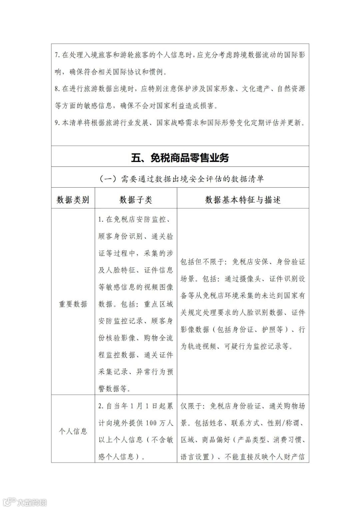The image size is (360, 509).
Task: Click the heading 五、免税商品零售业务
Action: point(180,158)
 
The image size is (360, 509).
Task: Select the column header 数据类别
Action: point(73,200)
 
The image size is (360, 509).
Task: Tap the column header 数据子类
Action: point(136,200)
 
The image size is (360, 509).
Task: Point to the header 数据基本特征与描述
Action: point(243,200)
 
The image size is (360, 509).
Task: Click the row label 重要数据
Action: point(73,304)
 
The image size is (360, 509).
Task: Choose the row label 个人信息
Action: point(73,431)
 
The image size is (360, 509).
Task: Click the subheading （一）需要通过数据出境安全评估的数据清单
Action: point(180,179)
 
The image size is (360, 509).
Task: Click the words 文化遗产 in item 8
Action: point(256,89)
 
